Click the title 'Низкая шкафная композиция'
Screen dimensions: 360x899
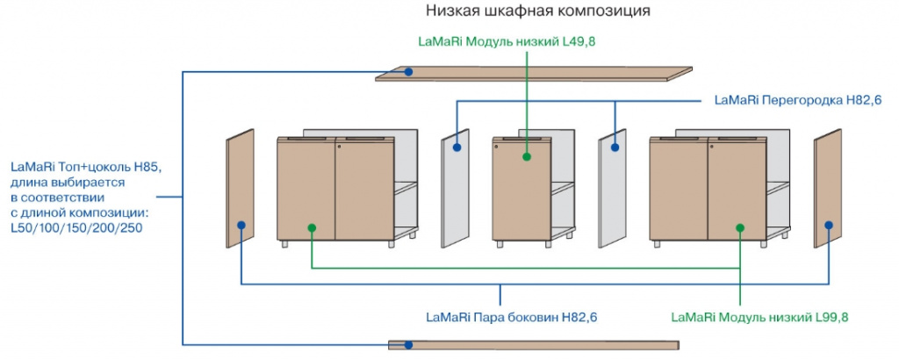tap(538, 11)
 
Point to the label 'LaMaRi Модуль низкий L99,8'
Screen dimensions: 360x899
tap(760, 316)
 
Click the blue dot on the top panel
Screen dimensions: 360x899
tap(409, 72)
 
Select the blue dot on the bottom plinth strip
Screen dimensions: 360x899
tap(409, 344)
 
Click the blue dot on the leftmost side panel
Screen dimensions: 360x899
tap(241, 226)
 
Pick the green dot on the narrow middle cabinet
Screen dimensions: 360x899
tap(527, 157)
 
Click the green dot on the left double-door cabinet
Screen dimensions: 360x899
tap(312, 227)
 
